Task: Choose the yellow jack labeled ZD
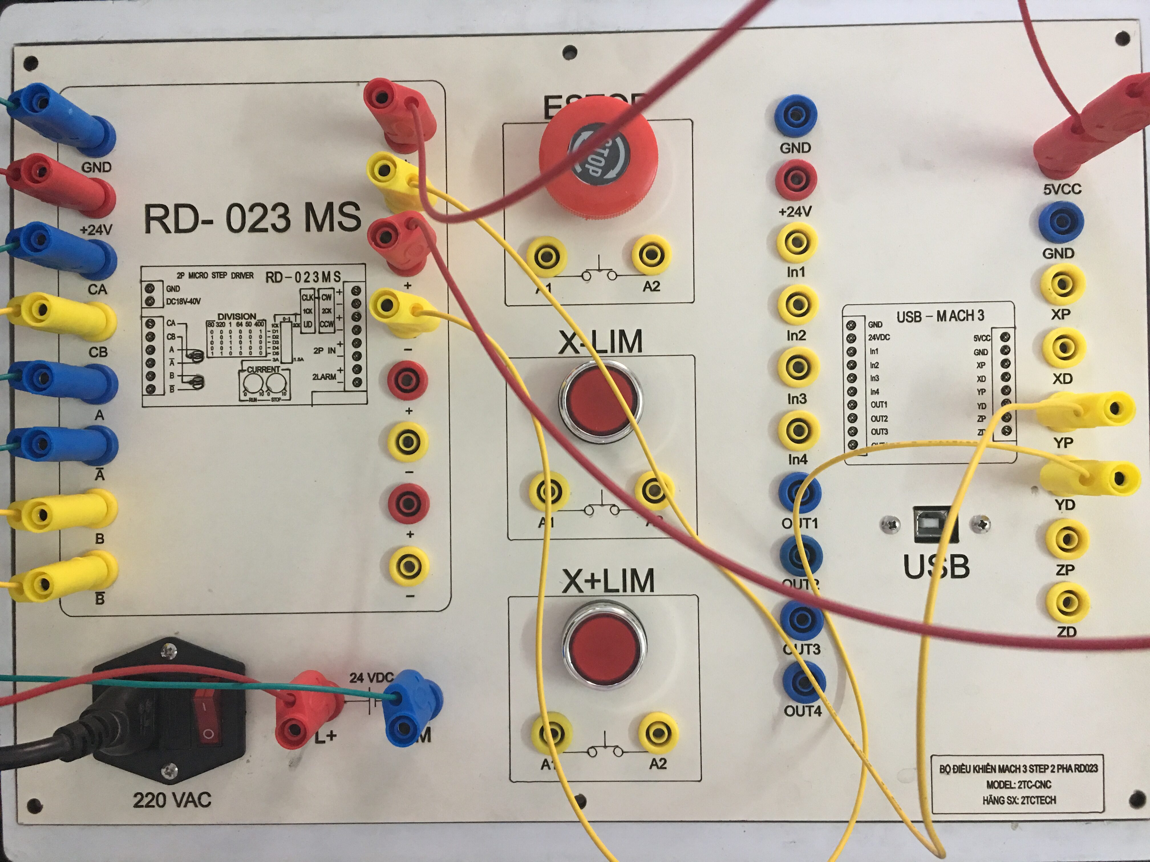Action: (1067, 603)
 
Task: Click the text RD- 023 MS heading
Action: (252, 217)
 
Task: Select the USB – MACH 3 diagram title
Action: (940, 316)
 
